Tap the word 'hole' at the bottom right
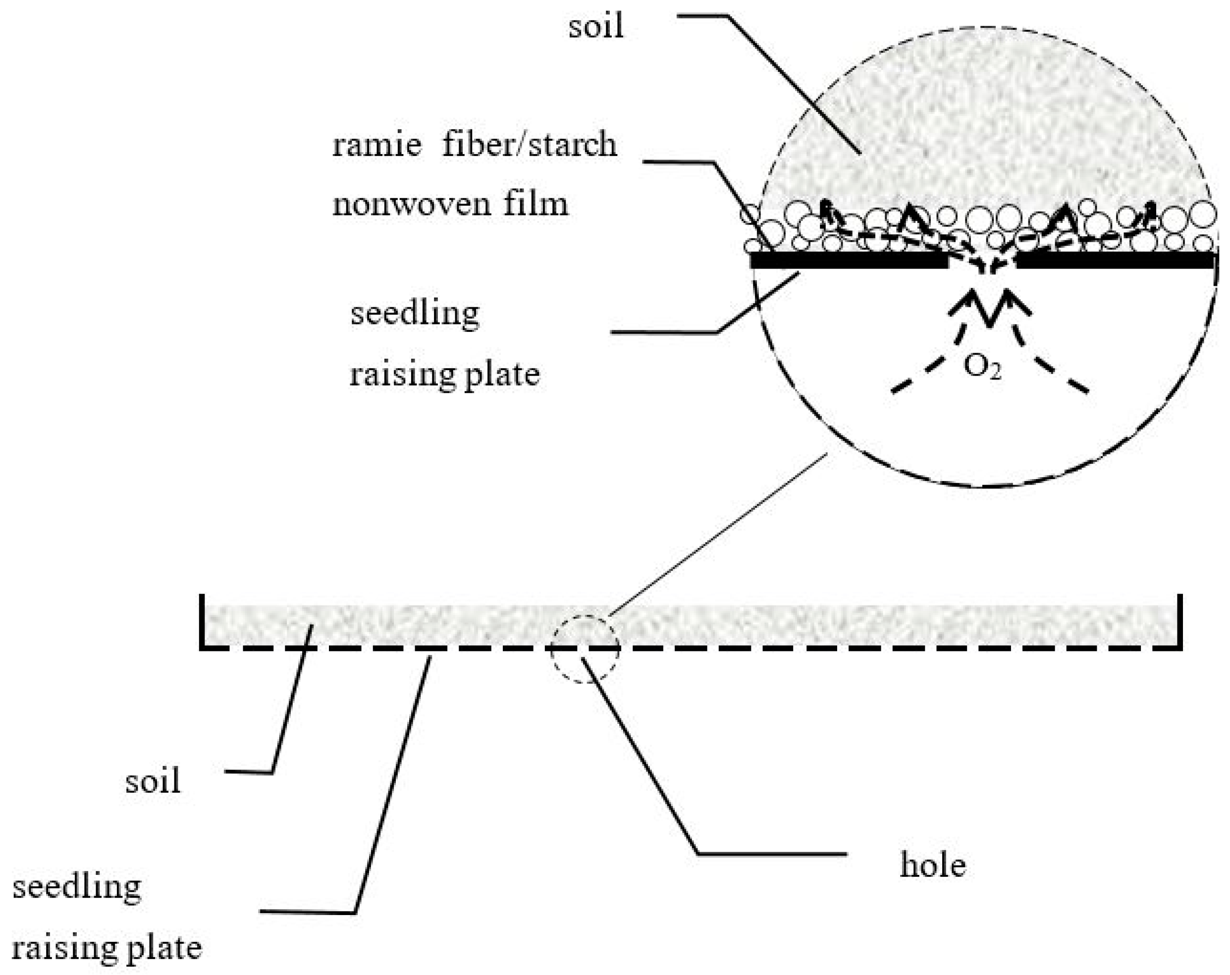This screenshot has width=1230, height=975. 933,866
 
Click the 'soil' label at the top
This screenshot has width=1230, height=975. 595,27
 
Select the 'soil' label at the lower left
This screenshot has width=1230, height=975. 152,781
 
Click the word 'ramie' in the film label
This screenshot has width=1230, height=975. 376,145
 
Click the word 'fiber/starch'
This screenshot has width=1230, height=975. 530,145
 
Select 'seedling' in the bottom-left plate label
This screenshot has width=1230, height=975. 77,887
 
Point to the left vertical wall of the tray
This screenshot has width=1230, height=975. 202,621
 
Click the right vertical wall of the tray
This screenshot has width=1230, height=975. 1180,621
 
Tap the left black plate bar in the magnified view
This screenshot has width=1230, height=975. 849,261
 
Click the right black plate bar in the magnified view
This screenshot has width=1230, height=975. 1116,261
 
